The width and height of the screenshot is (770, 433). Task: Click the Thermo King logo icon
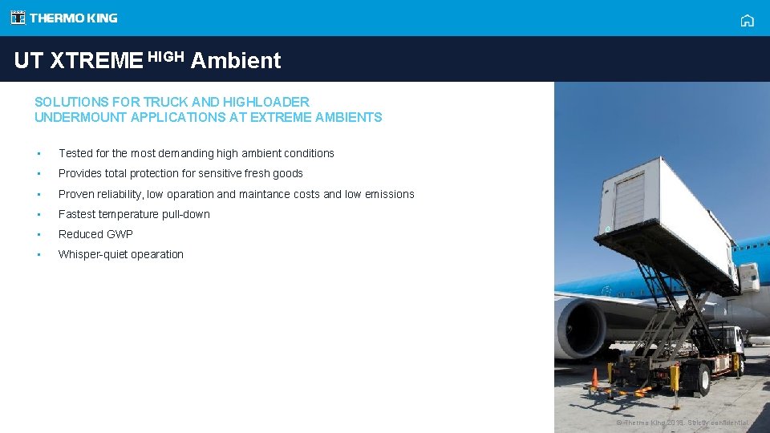(x=18, y=18)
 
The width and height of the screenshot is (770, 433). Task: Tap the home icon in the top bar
(x=747, y=21)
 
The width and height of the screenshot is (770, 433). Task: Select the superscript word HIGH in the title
(x=166, y=56)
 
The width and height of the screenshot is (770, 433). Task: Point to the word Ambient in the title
(x=236, y=61)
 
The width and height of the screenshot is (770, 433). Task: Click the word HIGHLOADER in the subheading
(x=266, y=102)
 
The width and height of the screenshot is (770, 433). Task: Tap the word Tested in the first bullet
(x=76, y=153)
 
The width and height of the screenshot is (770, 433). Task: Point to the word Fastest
(x=77, y=214)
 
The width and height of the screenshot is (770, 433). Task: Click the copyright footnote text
(x=682, y=423)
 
